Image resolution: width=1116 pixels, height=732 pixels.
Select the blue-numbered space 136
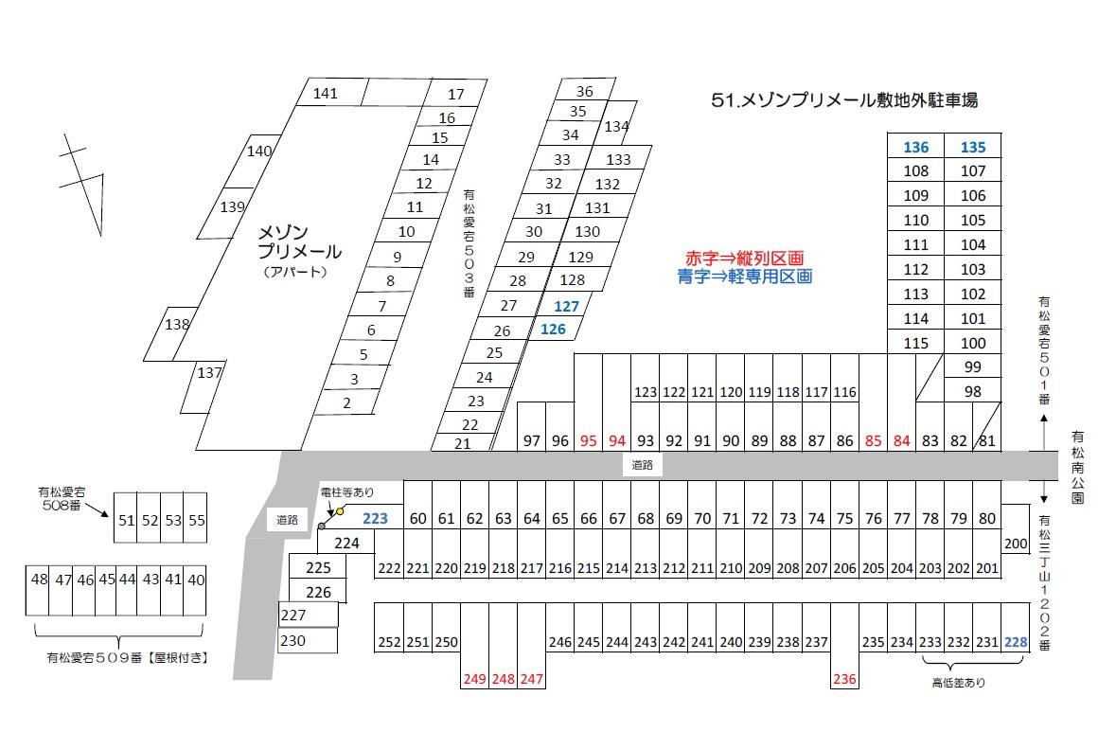tap(916, 147)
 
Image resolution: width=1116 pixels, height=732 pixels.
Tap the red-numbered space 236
tap(844, 679)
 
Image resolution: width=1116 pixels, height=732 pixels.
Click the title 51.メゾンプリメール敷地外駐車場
tap(843, 100)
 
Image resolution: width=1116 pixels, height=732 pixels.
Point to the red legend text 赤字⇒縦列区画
tap(744, 259)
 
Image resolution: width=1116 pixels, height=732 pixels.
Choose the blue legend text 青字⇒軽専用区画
tap(744, 277)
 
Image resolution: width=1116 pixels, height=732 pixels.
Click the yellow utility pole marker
tap(340, 511)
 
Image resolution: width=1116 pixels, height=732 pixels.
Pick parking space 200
tap(1016, 544)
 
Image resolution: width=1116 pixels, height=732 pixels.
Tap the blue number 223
tap(376, 518)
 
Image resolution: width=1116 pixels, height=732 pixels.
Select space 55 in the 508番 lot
tap(196, 520)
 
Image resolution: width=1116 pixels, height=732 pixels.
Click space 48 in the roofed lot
tap(39, 579)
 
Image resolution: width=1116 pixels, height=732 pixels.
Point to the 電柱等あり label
tap(347, 492)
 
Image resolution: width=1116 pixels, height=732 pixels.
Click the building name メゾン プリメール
tap(300, 241)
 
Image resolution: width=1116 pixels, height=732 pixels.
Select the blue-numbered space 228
tap(1016, 642)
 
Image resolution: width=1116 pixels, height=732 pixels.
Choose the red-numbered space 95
tap(589, 440)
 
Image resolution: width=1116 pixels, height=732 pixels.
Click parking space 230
tap(293, 640)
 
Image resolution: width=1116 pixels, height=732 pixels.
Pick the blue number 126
tap(553, 330)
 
